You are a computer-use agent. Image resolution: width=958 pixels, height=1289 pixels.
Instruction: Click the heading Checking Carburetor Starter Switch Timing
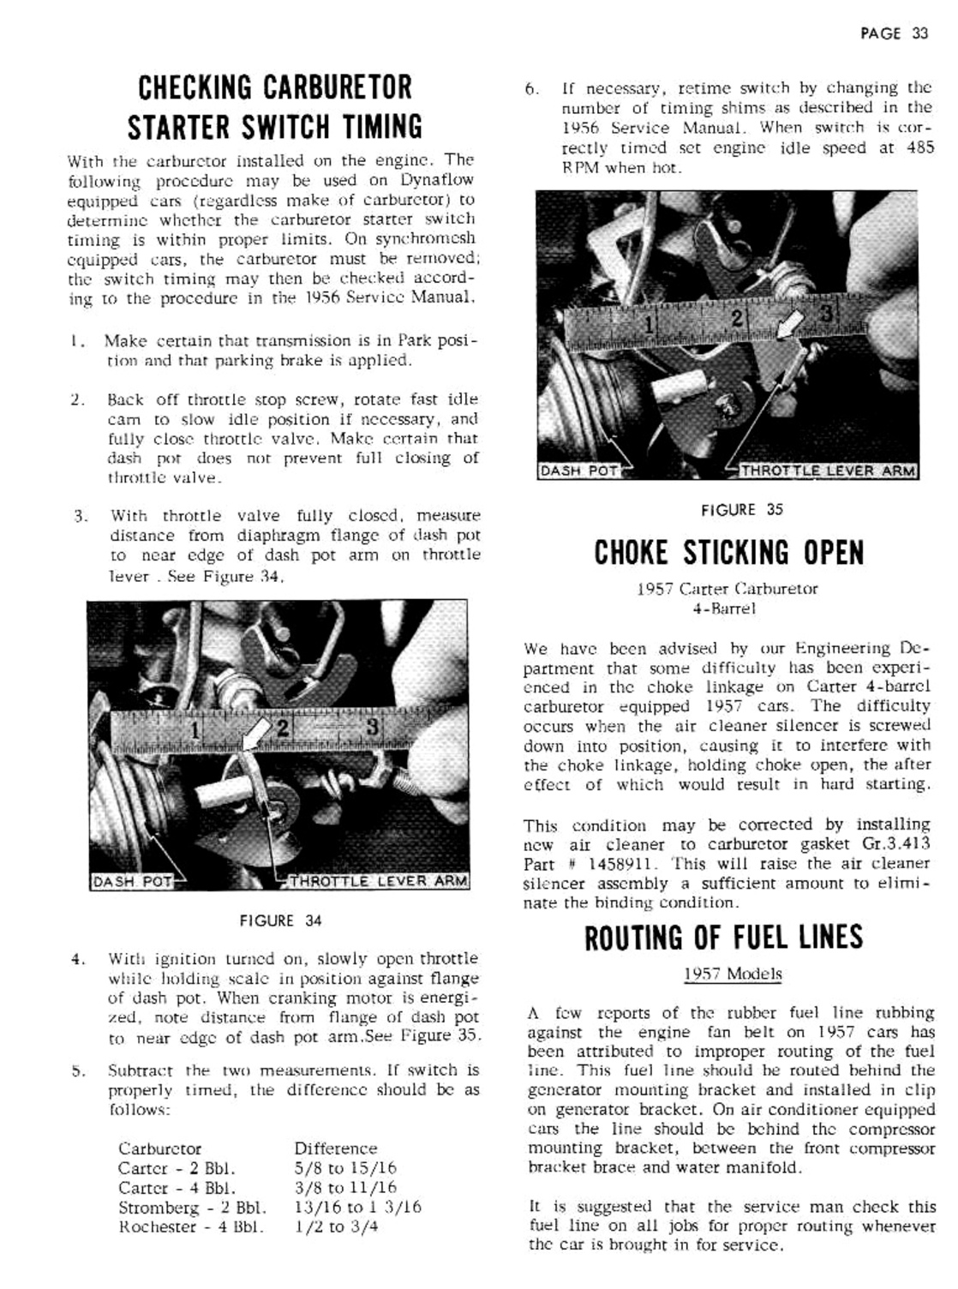(x=275, y=106)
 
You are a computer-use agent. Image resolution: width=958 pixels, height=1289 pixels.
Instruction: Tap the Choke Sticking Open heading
(x=729, y=553)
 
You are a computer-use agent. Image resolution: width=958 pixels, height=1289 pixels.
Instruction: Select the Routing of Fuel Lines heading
(x=724, y=938)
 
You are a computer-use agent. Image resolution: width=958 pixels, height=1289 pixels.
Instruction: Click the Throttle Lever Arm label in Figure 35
(x=828, y=471)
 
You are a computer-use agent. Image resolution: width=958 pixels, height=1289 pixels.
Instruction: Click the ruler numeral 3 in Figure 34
(x=372, y=726)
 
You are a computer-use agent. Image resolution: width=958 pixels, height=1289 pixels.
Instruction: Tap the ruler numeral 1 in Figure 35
(x=650, y=324)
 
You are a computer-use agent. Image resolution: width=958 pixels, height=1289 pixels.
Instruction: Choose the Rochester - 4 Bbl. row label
(x=190, y=1226)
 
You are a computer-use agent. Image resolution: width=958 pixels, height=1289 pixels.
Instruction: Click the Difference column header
(x=335, y=1148)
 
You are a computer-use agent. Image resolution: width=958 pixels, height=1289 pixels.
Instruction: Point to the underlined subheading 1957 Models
(x=733, y=974)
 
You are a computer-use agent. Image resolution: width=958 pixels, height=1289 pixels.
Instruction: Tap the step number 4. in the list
(x=78, y=959)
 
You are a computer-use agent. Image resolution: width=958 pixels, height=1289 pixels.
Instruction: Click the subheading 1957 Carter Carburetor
(x=727, y=589)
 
